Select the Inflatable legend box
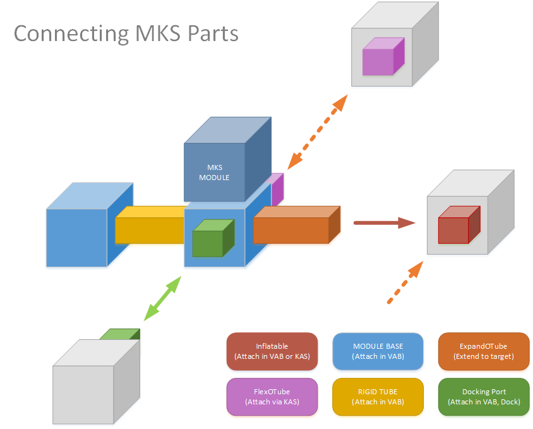(272, 351)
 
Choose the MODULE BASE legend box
(378, 351)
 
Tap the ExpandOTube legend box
(484, 351)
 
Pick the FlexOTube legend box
(272, 397)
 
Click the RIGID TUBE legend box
(378, 397)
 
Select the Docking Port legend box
(484, 397)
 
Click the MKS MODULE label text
(214, 172)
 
